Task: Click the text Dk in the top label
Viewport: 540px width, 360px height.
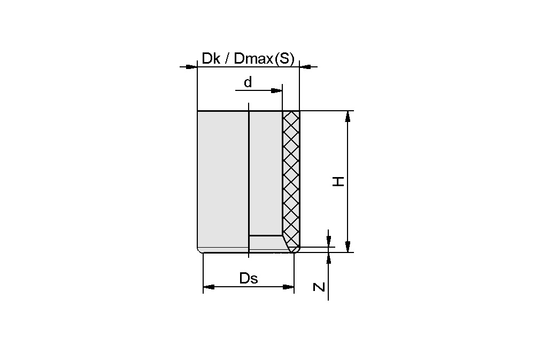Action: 210,59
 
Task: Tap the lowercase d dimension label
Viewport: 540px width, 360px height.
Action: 248,82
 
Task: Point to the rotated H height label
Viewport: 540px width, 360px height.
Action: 338,182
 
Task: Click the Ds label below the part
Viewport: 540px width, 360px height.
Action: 249,278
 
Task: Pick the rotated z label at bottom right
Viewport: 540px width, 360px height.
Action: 319,287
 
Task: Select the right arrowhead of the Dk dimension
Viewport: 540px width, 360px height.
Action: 305,67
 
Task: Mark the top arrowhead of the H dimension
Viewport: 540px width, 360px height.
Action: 348,117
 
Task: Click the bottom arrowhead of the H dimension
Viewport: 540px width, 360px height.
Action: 348,246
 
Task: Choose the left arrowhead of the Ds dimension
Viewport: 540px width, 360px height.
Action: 209,287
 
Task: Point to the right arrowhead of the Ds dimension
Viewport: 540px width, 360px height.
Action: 288,287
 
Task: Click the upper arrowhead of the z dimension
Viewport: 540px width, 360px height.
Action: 328,241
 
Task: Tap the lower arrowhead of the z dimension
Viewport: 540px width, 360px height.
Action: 328,258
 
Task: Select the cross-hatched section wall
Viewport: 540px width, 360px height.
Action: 291,171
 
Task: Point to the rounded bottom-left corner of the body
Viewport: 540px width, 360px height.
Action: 199,251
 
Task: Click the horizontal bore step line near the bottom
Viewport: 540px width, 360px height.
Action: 265,235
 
